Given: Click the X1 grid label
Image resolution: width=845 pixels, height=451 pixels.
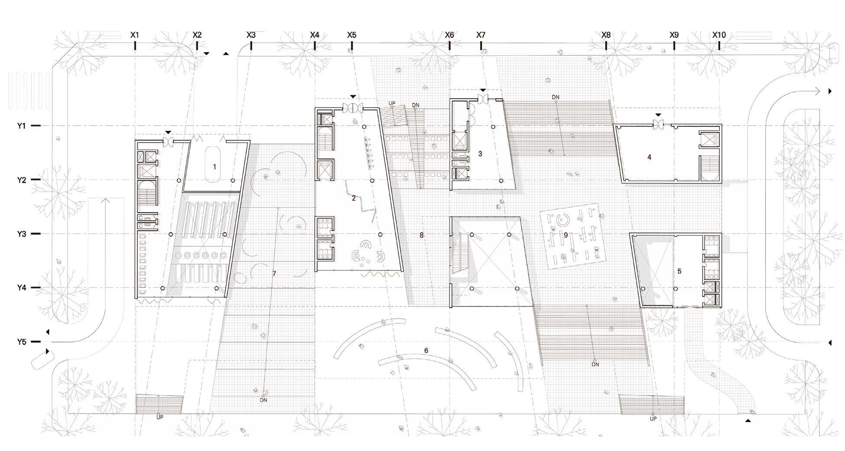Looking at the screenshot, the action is [134, 35].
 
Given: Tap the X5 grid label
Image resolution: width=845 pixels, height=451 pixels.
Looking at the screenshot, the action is [351, 35].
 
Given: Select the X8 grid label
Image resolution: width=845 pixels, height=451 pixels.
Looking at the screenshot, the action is [606, 35].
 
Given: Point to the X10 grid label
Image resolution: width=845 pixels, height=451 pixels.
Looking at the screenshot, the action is [719, 35].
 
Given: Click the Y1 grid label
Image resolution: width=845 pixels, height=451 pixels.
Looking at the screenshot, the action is [22, 126].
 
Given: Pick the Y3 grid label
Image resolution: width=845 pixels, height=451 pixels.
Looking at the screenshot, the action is [22, 234].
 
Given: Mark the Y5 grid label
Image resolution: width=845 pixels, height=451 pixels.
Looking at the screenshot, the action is [22, 342].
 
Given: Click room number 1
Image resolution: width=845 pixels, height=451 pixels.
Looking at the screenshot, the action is [214, 167].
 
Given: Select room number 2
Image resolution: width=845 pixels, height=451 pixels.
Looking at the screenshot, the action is [354, 198].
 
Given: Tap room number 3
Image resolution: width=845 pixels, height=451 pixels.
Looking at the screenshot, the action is [480, 154].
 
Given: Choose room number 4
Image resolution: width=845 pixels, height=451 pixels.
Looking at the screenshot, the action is [649, 157].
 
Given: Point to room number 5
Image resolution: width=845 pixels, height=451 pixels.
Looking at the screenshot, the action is [679, 271].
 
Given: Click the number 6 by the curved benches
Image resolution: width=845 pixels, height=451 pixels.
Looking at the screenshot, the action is [426, 351].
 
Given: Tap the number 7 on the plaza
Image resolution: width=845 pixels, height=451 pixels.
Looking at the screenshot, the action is [274, 274].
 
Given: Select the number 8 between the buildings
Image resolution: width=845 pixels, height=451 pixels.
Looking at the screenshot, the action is [421, 235].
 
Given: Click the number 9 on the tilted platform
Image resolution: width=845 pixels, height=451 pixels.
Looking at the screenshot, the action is [565, 235].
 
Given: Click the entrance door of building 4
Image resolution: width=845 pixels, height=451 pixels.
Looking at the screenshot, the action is [658, 126].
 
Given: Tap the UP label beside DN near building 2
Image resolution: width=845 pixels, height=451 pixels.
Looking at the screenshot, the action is [392, 103].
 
